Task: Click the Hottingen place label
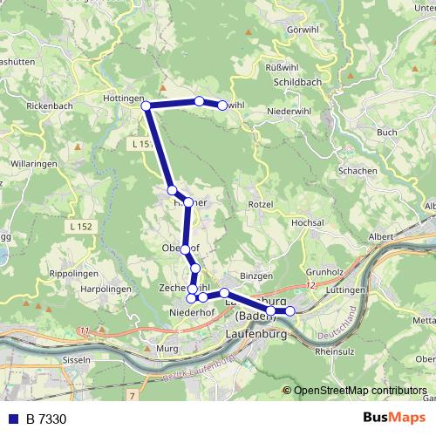click(122, 99)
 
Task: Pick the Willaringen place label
click(35, 163)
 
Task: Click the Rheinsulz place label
click(332, 352)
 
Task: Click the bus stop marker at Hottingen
click(146, 106)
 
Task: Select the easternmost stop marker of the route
click(290, 310)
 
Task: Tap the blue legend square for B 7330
click(13, 419)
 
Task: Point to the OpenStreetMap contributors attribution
click(359, 390)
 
